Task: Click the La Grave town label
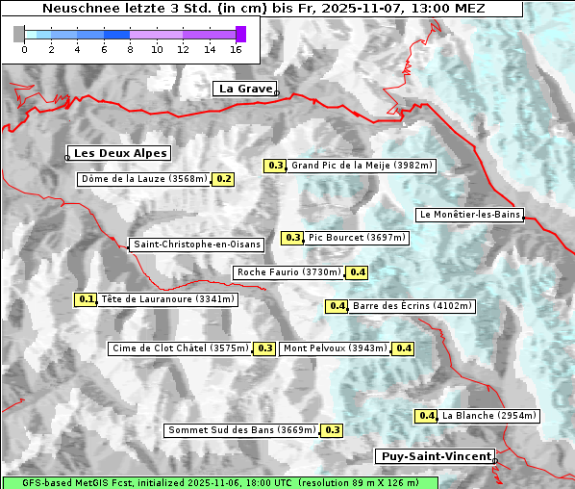245,89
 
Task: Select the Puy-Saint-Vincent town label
435,456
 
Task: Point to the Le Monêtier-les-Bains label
469,215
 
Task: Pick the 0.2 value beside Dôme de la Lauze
223,179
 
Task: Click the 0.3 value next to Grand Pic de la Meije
276,166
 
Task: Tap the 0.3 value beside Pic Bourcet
292,238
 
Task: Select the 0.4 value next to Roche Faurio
358,272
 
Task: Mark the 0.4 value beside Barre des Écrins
337,306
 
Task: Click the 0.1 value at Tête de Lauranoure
87,299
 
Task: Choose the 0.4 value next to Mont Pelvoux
403,348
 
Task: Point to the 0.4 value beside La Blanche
427,416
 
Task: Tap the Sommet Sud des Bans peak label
241,430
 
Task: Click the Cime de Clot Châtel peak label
180,348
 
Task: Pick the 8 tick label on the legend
130,48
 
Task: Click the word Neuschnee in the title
77,9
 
